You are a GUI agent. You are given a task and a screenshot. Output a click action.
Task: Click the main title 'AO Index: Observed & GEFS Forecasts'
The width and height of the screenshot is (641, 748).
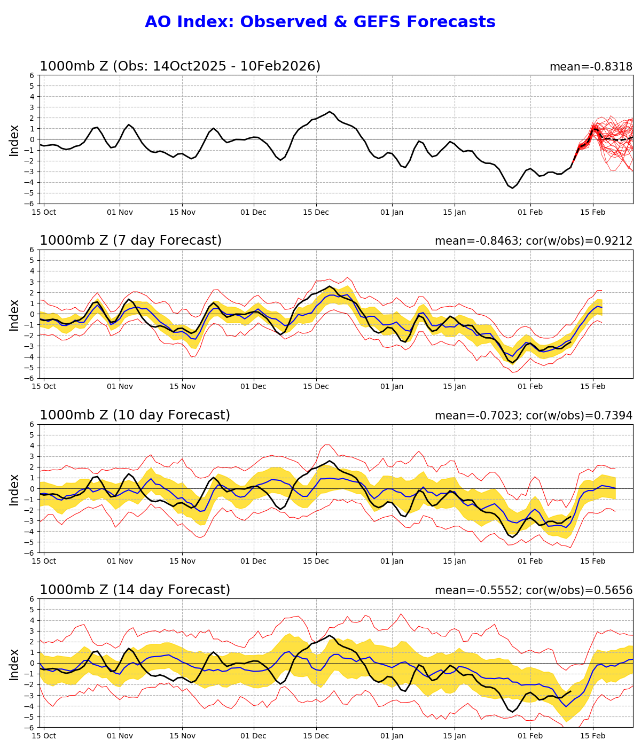coord(320,22)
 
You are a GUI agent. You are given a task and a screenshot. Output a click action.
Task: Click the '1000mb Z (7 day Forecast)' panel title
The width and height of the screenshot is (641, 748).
coord(130,241)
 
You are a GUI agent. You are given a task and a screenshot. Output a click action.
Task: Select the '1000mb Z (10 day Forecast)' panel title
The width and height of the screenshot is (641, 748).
coord(135,416)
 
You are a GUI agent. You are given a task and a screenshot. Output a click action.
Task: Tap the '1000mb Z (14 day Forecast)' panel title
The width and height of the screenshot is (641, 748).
coord(135,590)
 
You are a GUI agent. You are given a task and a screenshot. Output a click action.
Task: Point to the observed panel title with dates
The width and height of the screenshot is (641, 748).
coord(180,66)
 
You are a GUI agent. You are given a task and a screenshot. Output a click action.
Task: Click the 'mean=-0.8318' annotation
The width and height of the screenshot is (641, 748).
coord(591,67)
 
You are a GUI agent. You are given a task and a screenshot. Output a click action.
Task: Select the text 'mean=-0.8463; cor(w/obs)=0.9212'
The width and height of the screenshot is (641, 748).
coord(533,241)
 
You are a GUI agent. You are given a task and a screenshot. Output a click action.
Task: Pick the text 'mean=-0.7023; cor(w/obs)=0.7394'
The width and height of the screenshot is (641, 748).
coord(533,416)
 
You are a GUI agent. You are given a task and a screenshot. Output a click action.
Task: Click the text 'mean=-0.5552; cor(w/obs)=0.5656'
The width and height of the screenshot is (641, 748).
coord(533,591)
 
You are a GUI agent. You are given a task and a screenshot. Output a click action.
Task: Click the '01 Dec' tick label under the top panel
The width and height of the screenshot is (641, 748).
coord(253,212)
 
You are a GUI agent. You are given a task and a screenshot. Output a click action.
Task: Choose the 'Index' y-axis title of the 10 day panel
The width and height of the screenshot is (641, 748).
coord(14,489)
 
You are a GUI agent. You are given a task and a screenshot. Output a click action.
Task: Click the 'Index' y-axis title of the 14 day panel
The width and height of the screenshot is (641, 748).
coord(14,664)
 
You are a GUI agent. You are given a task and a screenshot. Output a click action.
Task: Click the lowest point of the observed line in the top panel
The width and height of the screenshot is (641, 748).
coord(512,188)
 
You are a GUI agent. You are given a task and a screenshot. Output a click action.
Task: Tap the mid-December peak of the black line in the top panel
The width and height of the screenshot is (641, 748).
coord(330,112)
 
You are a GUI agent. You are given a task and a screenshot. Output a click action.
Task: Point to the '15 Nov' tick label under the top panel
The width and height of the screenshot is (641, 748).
coord(182,212)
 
